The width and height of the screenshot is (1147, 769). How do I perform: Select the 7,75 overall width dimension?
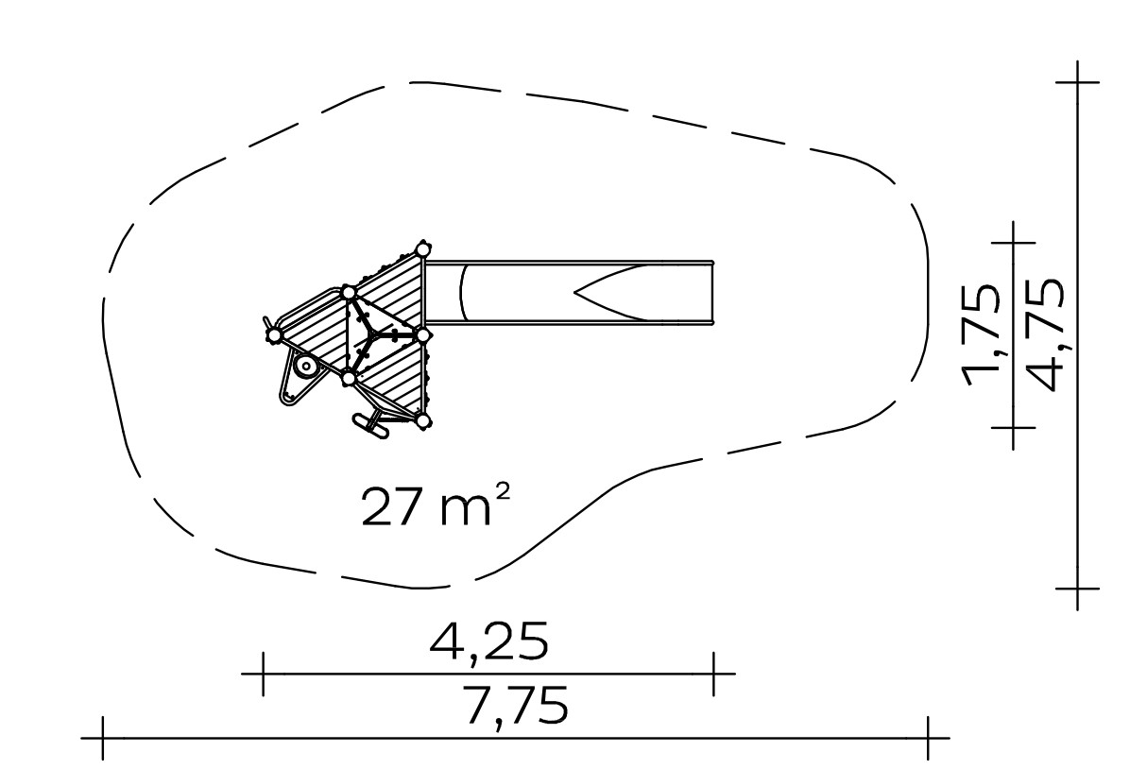pos(517,707)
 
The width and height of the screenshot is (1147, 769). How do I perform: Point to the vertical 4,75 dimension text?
pos(1045,336)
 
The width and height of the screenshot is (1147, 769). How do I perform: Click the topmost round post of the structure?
pos(422,249)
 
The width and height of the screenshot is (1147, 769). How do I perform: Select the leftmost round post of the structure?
pos(274,335)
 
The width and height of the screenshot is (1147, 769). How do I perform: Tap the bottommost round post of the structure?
pos(422,420)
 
